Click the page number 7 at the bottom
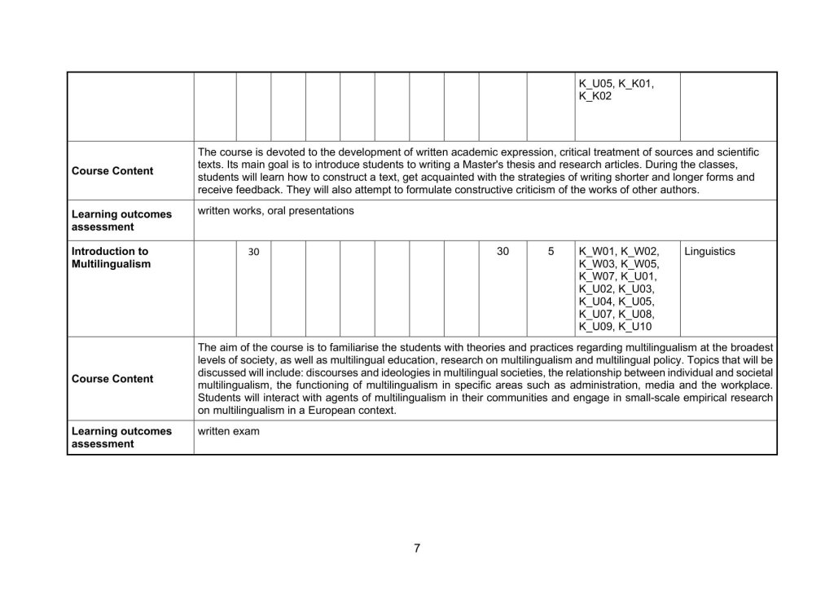(416, 548)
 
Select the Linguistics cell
(709, 252)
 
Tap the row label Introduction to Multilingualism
(110, 258)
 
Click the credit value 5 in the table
(551, 252)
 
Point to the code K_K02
(595, 96)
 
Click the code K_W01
(598, 252)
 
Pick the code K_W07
(598, 276)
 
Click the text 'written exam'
(229, 431)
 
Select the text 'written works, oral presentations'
(275, 211)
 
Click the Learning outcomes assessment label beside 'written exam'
(122, 438)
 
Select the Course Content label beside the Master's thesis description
(112, 171)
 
